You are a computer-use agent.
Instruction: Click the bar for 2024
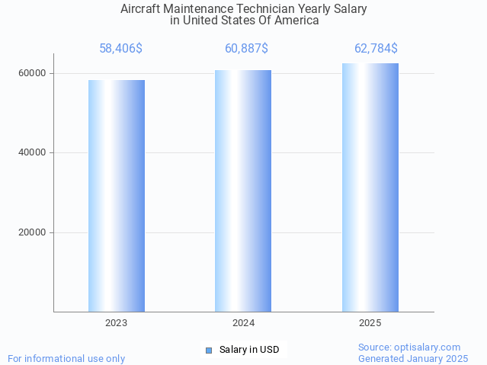243,191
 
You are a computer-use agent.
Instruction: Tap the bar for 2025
370,187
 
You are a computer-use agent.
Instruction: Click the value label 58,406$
120,49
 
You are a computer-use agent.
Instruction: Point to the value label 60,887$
246,49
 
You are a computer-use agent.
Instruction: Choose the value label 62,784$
376,49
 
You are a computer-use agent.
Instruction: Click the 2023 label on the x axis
117,323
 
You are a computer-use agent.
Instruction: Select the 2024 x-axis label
243,323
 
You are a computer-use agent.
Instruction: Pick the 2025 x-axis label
370,323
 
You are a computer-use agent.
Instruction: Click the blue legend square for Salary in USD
209,351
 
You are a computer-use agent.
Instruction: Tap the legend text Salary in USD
249,351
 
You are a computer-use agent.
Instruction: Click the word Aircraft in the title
141,9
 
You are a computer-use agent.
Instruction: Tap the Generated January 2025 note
413,358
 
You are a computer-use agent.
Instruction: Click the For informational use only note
66,358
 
